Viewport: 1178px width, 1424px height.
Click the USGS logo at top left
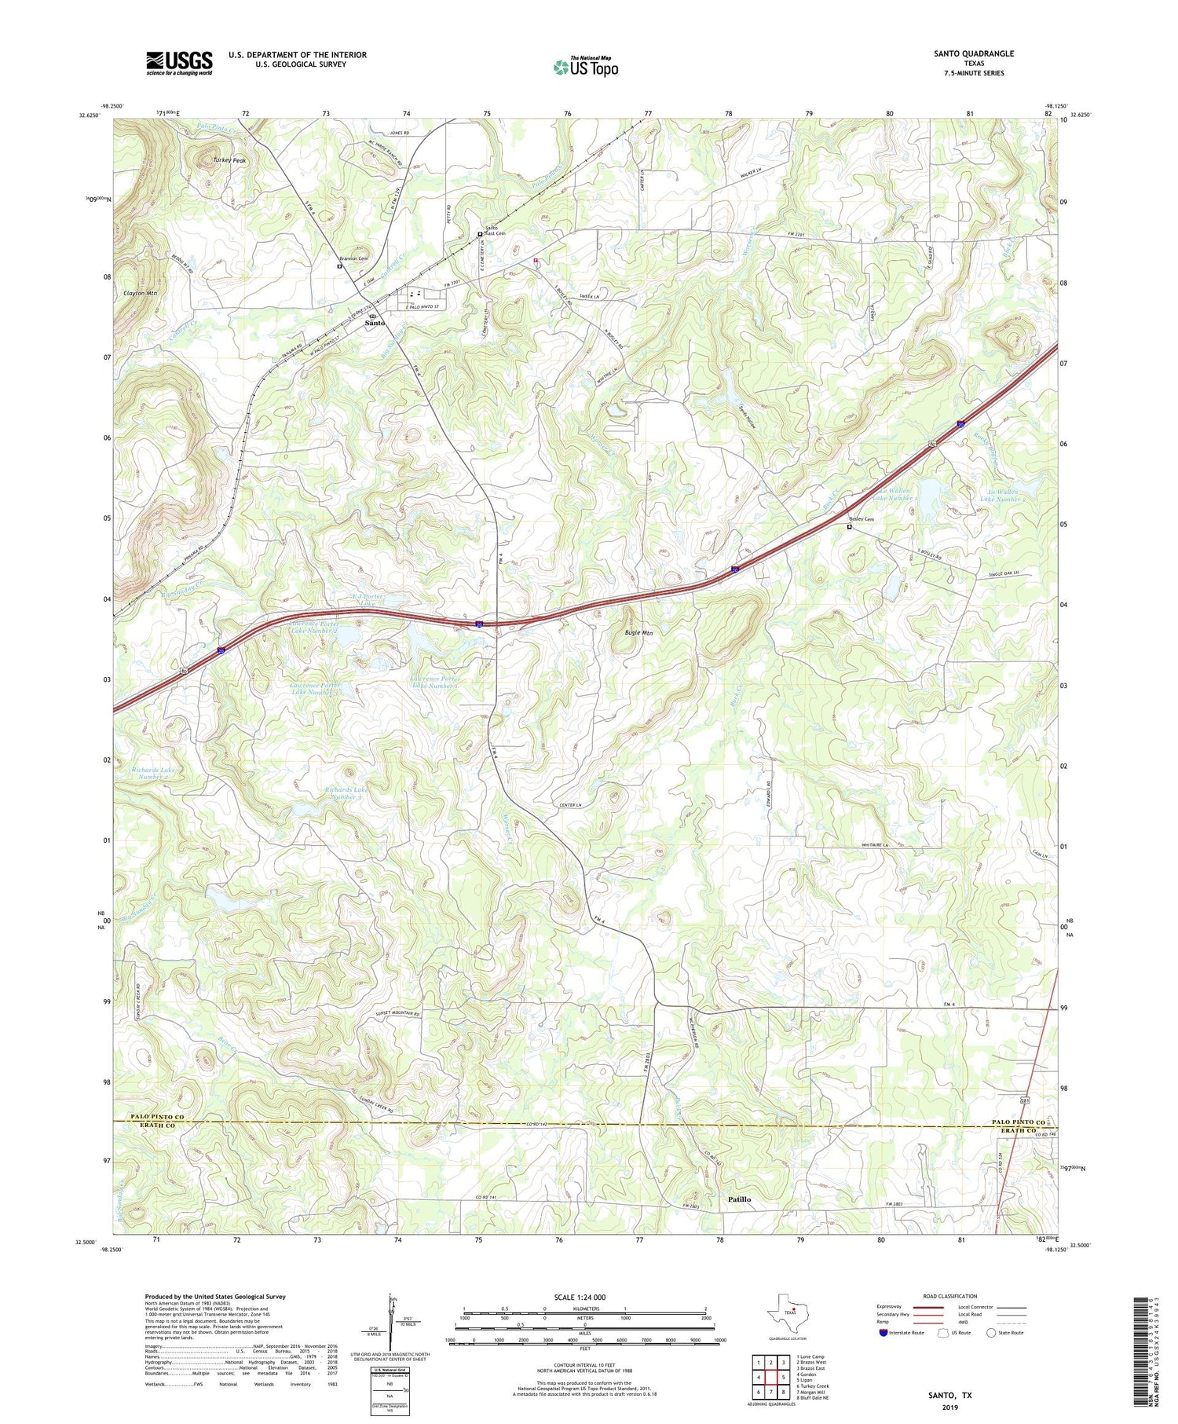[x=179, y=63]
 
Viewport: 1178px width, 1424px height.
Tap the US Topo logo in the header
[x=585, y=68]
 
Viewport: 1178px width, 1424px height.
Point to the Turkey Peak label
[x=229, y=160]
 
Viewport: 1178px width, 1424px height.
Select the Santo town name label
[x=375, y=323]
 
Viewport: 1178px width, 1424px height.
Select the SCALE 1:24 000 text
[x=584, y=1297]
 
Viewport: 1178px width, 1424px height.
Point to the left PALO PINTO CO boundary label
[x=157, y=1117]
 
